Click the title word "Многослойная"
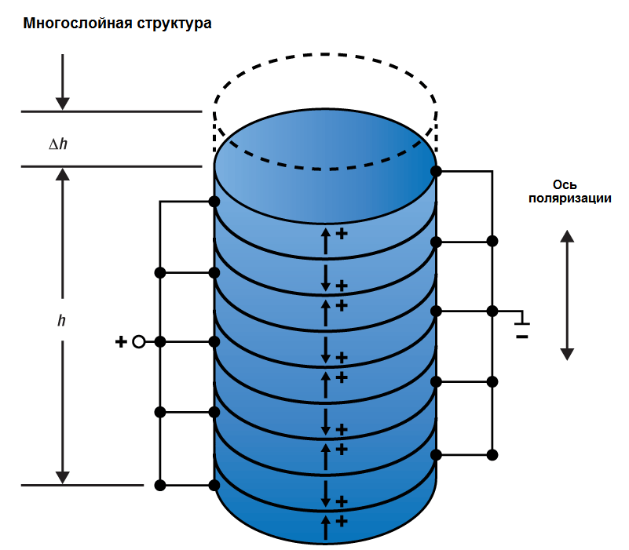(x=70, y=24)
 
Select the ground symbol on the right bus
(x=521, y=321)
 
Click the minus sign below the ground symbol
(x=521, y=337)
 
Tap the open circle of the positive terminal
(x=139, y=341)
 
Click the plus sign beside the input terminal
(x=121, y=341)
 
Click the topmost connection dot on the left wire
(x=214, y=202)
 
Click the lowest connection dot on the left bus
(x=160, y=485)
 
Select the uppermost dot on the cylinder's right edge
(x=435, y=171)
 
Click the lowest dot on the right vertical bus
(x=492, y=454)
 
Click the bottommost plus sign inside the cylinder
(x=342, y=520)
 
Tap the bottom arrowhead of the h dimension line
(x=63, y=477)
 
